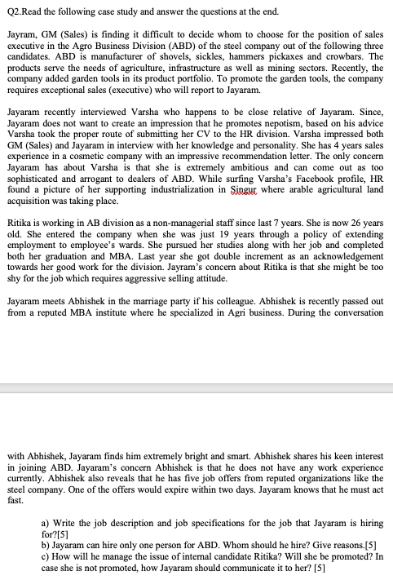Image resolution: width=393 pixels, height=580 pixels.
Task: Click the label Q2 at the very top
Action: coord(13,11)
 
